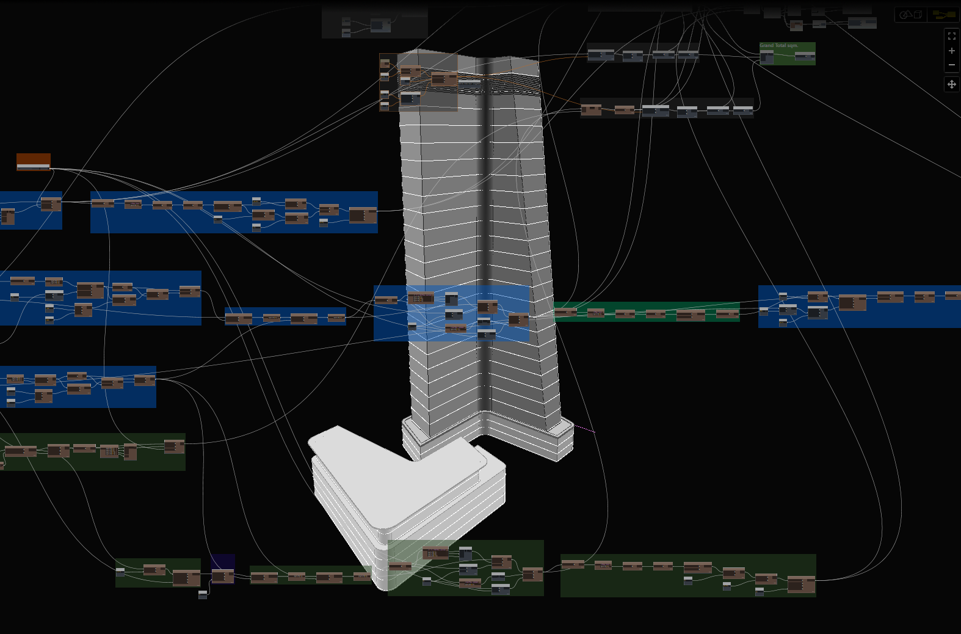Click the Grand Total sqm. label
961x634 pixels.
(778, 46)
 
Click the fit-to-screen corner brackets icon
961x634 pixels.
(951, 36)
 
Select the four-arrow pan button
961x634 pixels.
(951, 84)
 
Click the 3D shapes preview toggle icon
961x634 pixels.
(910, 15)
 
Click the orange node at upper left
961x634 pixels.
(34, 161)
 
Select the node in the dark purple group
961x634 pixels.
(223, 576)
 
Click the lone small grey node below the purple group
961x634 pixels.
(203, 594)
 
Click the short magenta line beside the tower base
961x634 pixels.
(584, 429)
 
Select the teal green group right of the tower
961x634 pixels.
(647, 312)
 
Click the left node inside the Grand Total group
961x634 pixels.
(767, 57)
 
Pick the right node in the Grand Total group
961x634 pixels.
(805, 57)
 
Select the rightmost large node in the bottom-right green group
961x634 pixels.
(801, 585)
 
